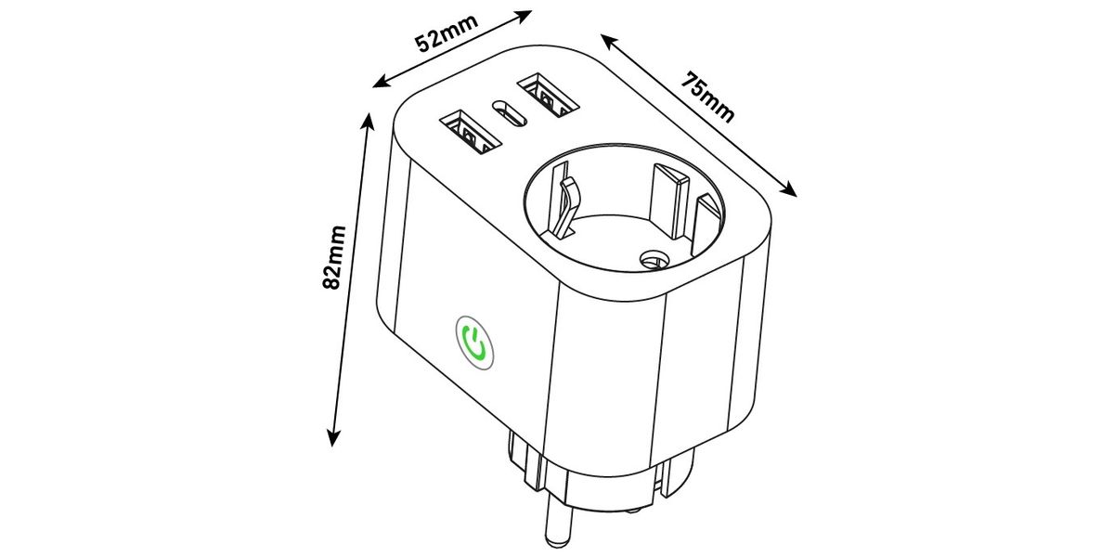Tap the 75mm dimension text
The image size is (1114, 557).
coord(708,96)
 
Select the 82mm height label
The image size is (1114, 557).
coord(335,257)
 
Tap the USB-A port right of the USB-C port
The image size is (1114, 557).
coord(547,95)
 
